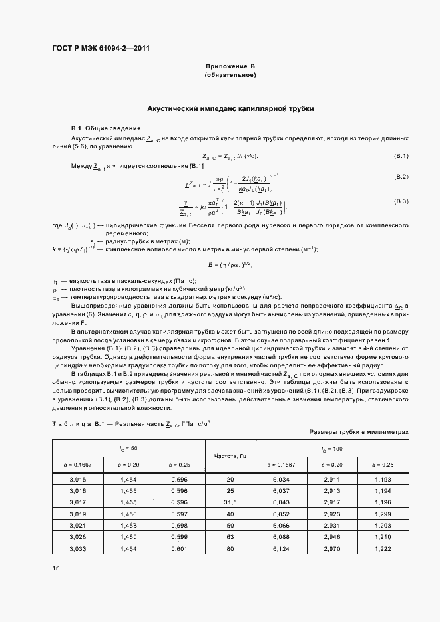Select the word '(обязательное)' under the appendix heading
tap(230, 76)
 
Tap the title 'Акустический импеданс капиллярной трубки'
tap(230, 108)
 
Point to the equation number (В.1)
tap(401, 156)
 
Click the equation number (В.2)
tap(401, 177)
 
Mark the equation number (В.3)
tap(401, 201)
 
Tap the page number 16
tap(56, 568)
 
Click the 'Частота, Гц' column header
tap(230, 456)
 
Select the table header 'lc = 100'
tap(333, 449)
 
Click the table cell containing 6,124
tap(282, 549)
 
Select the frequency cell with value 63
tap(230, 537)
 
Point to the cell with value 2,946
tap(333, 537)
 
